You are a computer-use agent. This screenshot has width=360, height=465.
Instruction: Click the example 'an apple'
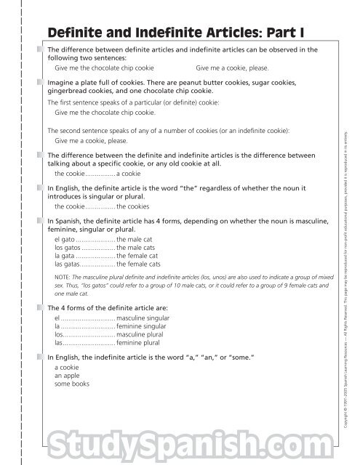tap(68, 376)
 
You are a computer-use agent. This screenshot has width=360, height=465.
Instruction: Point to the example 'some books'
tap(71, 384)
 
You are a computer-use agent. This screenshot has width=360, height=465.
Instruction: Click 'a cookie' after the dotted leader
tap(129, 174)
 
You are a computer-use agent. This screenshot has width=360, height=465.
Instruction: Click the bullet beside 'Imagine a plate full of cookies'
tap(42, 84)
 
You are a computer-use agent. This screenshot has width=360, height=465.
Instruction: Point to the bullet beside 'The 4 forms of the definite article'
tap(42, 308)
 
